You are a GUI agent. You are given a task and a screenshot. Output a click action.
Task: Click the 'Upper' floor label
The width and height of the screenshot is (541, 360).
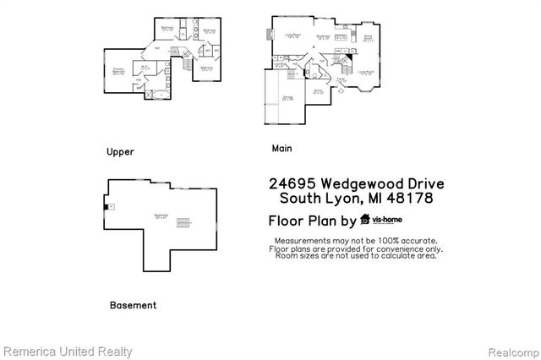pos(120,152)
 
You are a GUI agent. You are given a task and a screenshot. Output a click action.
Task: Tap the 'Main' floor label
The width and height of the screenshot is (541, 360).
pos(281,148)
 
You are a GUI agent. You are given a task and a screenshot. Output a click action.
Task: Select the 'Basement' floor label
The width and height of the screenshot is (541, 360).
pos(133,305)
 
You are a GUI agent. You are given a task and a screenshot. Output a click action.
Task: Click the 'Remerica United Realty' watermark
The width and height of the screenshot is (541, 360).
pos(67,350)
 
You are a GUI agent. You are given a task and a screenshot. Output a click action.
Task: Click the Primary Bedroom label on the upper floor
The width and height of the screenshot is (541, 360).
pos(118,72)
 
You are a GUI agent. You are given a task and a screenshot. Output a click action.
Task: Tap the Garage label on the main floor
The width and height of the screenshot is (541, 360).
pos(287,97)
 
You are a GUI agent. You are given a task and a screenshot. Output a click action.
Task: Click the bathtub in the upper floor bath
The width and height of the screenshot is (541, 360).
pos(158,93)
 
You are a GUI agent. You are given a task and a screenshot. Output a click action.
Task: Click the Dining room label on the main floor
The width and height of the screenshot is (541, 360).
pos(368,39)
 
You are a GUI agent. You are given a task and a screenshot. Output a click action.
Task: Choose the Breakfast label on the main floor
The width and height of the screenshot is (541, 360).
pos(322,37)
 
